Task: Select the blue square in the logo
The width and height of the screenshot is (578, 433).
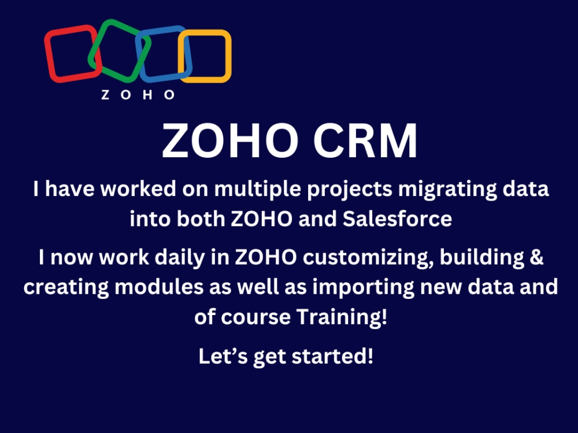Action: coord(164,54)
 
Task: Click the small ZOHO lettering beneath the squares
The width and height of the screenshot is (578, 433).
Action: coord(138,95)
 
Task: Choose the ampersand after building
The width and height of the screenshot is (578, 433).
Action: coord(536,257)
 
